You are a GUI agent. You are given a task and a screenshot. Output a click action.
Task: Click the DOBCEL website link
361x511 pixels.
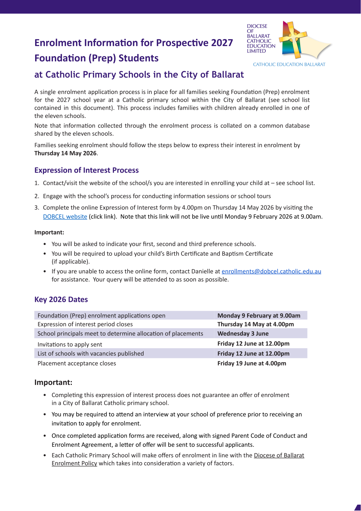[x=65, y=217]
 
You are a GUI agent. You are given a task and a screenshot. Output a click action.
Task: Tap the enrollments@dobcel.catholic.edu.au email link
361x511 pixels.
[x=271, y=272]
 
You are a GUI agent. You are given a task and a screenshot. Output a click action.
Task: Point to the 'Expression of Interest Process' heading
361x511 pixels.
[x=87, y=170]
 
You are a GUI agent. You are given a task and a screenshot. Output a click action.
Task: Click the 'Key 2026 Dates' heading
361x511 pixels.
[x=61, y=300]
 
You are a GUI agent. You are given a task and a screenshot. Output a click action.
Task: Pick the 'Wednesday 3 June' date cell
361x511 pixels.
[x=243, y=334]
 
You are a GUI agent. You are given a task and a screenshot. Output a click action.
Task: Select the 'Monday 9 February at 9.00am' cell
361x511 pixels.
[x=259, y=316]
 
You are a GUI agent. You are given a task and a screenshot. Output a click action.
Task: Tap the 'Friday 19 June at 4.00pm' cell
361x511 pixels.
[x=252, y=363]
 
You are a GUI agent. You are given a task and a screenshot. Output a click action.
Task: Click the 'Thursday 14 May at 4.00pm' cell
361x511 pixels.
[x=256, y=324]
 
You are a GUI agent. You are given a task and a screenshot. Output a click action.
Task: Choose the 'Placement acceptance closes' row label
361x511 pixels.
[x=77, y=363]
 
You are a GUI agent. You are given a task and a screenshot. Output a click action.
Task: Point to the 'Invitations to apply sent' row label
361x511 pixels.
[x=70, y=345]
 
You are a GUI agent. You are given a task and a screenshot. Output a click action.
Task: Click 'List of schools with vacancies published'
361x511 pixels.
[x=91, y=354]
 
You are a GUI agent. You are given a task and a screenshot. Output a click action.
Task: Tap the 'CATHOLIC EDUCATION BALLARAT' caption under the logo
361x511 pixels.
[x=289, y=65]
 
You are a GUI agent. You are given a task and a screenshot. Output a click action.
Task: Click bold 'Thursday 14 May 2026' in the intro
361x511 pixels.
[x=65, y=153]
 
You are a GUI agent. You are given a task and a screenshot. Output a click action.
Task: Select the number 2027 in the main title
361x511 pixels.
[x=222, y=43]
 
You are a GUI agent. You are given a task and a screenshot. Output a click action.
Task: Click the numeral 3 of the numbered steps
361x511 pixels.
[x=36, y=208]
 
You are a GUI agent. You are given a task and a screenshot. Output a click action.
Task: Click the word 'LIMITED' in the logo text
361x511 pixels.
[x=256, y=51]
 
